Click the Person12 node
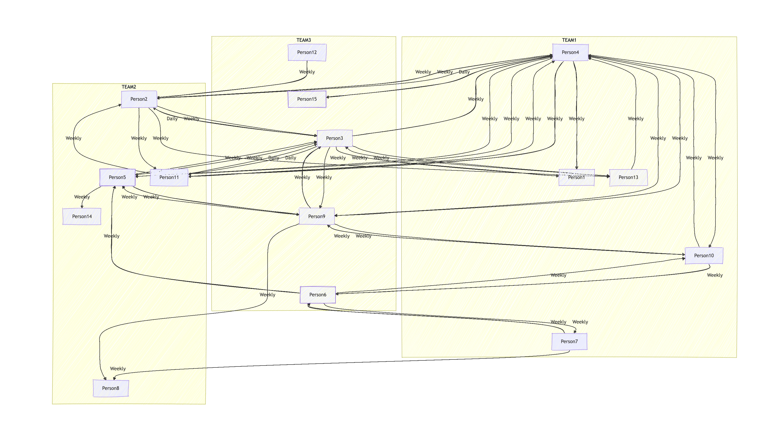[x=307, y=52]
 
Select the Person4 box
[x=570, y=52]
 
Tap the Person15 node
[x=307, y=99]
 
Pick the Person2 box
[x=139, y=99]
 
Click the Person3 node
[x=335, y=138]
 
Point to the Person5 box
[x=117, y=177]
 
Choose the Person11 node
[x=169, y=177]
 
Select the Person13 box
[x=628, y=177]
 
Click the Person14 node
[x=82, y=216]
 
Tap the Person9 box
[x=316, y=216]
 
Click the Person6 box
[x=318, y=295]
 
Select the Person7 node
[x=569, y=342]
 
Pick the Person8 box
[x=111, y=388]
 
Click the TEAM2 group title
[x=129, y=87]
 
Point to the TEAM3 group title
[x=304, y=40]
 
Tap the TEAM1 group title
[x=569, y=40]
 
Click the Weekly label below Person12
[x=307, y=72]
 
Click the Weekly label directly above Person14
[x=82, y=197]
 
